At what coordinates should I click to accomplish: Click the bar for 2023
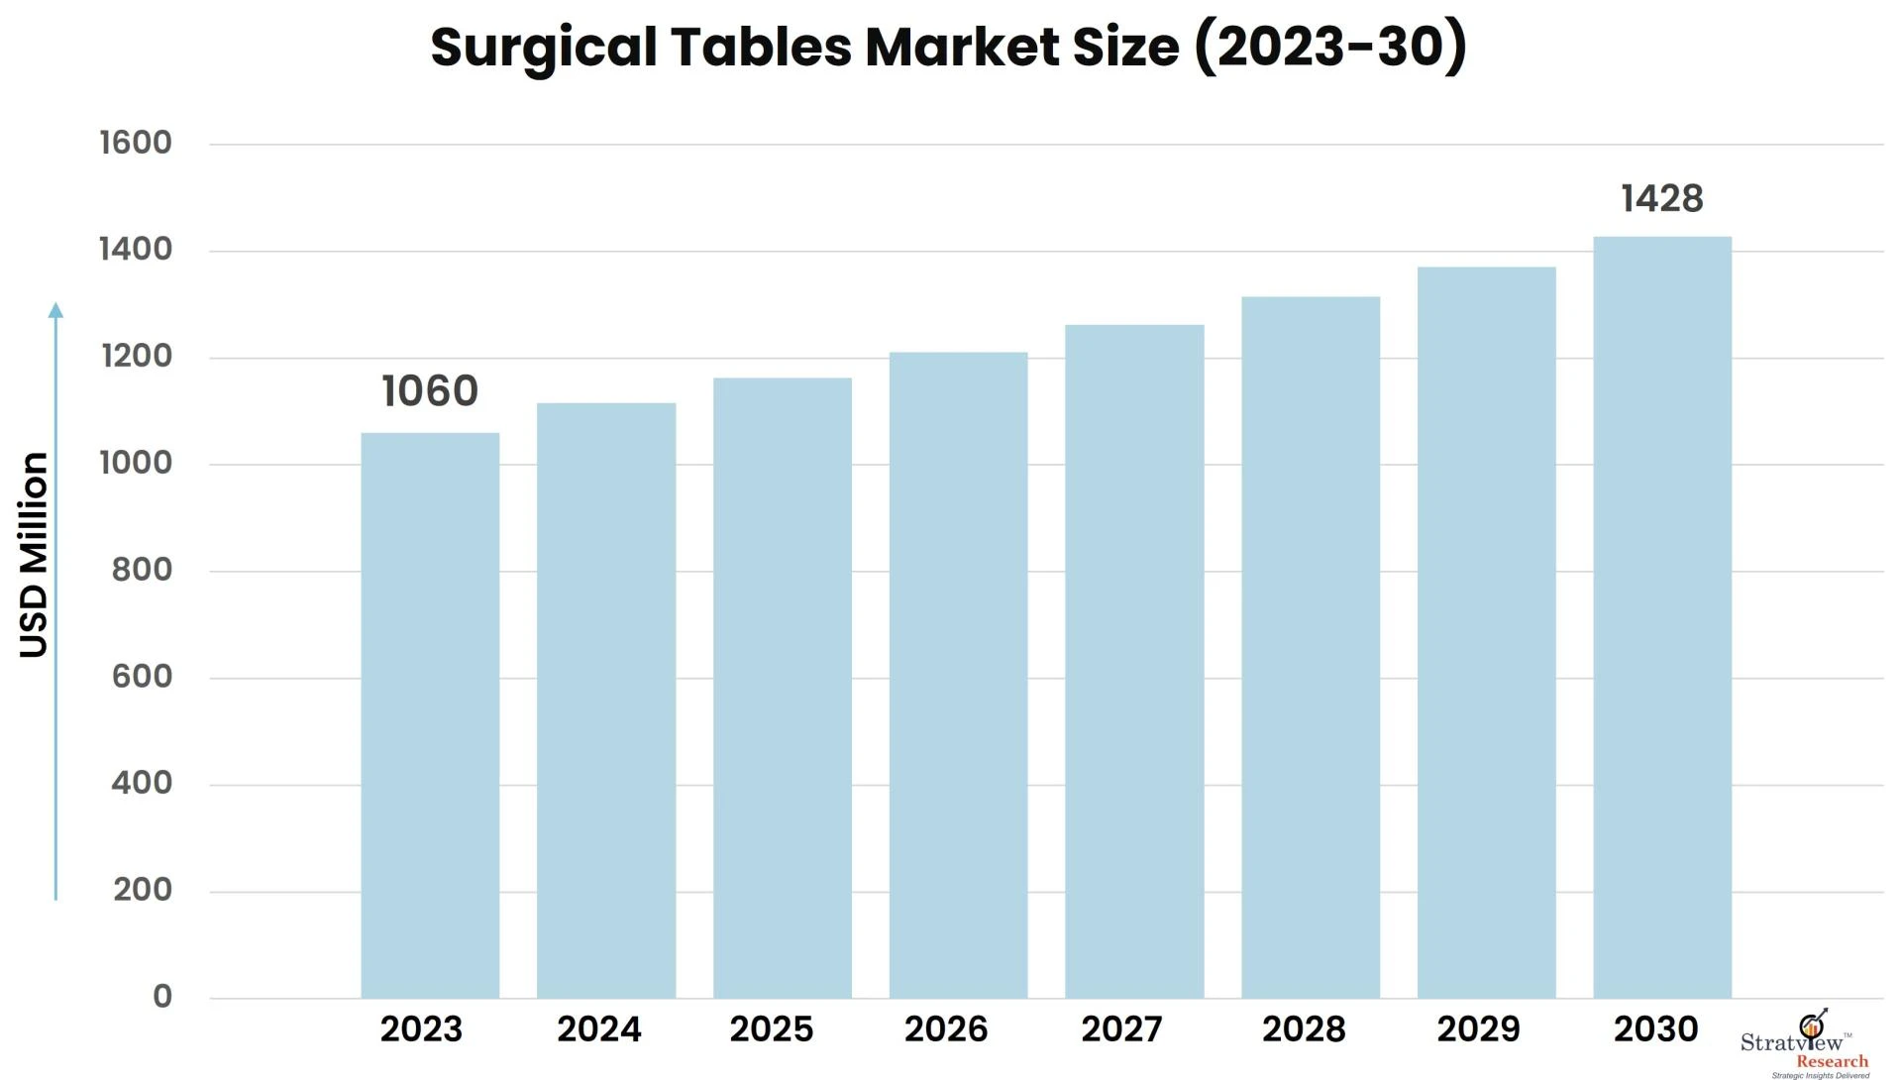[430, 715]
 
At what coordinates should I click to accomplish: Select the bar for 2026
[958, 675]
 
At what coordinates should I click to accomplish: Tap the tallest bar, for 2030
[1661, 616]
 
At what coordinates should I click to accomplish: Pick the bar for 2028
[1310, 647]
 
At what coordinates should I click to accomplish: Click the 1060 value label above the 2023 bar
[430, 391]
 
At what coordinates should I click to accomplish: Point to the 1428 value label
[1661, 199]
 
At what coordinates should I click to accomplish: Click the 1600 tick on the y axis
[136, 143]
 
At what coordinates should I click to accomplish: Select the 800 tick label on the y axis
[142, 570]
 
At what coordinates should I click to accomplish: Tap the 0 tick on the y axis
[162, 997]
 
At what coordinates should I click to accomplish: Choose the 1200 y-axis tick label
[137, 356]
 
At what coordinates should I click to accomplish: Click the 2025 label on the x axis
[771, 1029]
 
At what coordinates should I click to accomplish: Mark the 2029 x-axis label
[1478, 1029]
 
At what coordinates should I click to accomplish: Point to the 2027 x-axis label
[1121, 1029]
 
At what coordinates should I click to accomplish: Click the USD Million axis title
[35, 555]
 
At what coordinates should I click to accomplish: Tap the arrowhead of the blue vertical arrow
[55, 310]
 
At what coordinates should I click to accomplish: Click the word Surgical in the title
[543, 48]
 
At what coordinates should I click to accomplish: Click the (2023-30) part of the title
[1330, 47]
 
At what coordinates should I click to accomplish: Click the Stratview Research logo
[1805, 1045]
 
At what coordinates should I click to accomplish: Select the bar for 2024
[606, 701]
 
